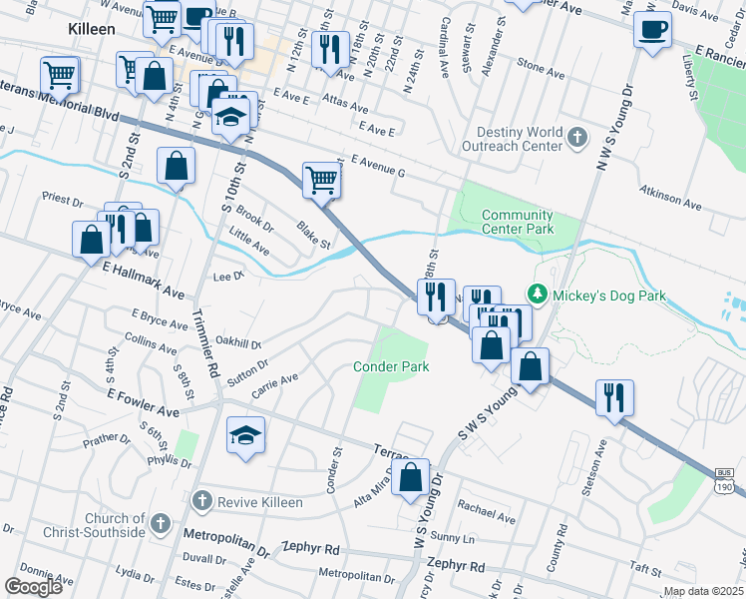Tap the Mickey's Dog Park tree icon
tap(539, 296)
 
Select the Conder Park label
tap(392, 366)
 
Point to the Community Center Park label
tap(517, 222)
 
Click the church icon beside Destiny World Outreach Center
tap(577, 139)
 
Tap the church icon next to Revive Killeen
tap(201, 501)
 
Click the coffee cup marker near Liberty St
tap(652, 30)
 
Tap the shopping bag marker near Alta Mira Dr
tap(411, 478)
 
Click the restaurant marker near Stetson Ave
tap(614, 397)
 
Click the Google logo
tap(33, 587)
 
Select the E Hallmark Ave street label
tap(144, 281)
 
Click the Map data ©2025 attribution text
tap(703, 591)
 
